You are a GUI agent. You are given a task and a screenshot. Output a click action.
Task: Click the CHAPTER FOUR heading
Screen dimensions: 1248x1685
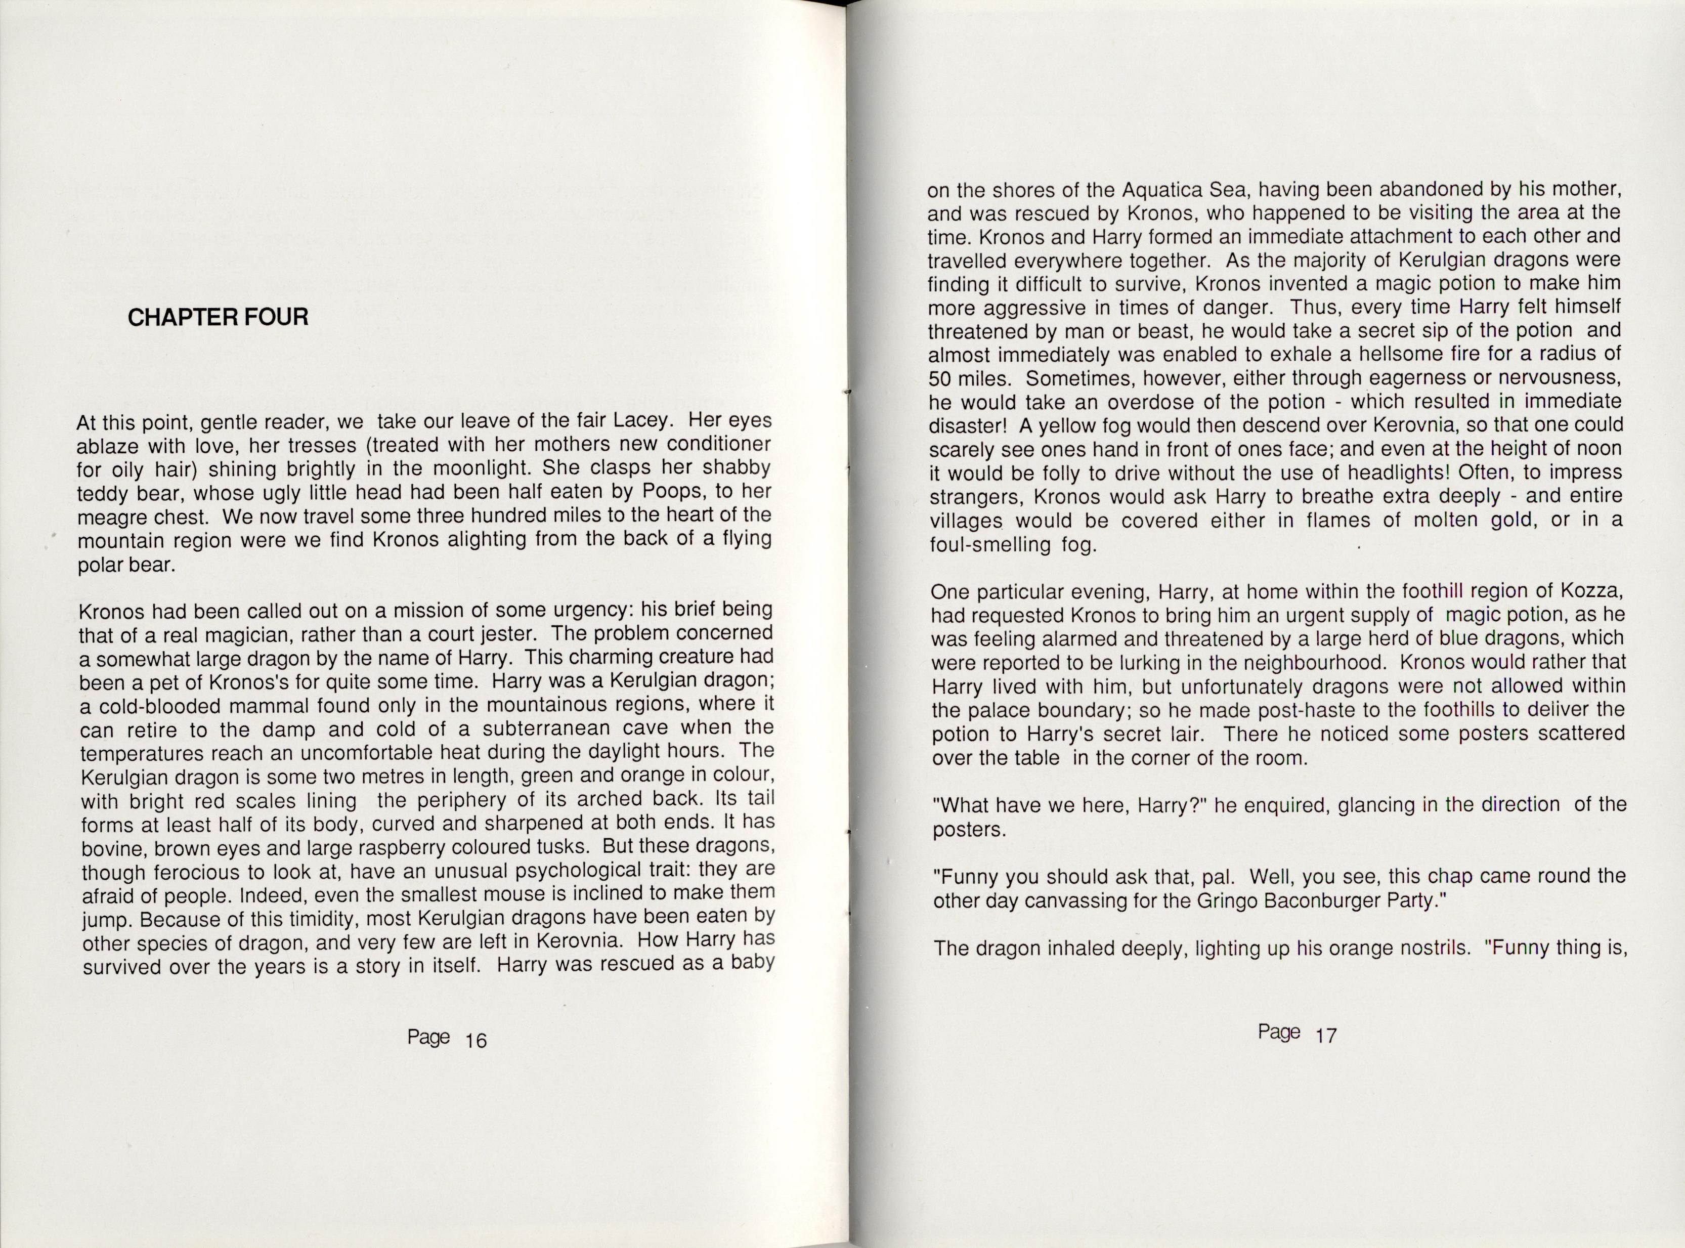click(x=218, y=317)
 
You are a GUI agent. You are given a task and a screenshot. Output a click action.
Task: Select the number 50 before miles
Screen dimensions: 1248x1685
click(x=941, y=378)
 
